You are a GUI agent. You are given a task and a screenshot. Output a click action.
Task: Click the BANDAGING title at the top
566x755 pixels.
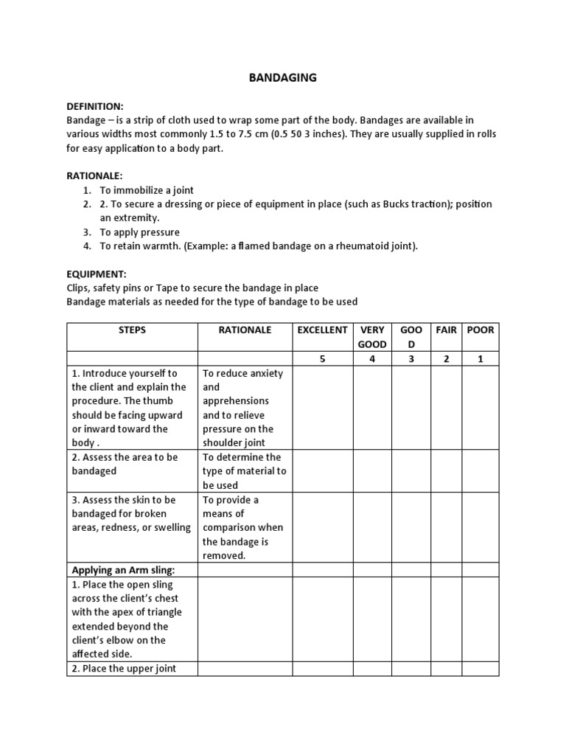282,77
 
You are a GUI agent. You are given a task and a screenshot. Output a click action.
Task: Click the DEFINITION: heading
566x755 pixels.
95,106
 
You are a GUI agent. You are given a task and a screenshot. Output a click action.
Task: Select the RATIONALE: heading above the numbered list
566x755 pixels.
94,176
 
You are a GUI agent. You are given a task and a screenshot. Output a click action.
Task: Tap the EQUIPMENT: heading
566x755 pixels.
96,274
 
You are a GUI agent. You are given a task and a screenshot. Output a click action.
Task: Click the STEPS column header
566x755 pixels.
132,330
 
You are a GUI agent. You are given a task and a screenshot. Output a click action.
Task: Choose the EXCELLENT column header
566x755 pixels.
321,330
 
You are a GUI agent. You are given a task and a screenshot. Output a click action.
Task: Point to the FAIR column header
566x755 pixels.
446,330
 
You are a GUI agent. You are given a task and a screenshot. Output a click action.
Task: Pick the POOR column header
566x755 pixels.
481,330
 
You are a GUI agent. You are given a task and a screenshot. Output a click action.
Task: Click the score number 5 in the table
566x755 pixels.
322,359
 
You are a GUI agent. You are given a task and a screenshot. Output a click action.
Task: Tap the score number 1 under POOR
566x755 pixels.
481,359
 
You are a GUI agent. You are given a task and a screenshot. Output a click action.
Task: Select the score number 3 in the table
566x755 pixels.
411,359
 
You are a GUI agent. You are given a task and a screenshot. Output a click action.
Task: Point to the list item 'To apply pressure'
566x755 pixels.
139,232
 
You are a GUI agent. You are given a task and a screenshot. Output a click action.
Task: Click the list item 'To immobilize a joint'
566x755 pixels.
147,190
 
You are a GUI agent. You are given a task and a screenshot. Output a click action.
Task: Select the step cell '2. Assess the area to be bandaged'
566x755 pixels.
125,464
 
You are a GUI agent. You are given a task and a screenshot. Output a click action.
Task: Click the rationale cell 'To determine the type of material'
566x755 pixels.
244,470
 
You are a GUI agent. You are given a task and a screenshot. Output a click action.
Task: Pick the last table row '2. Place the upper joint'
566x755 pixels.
124,668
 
